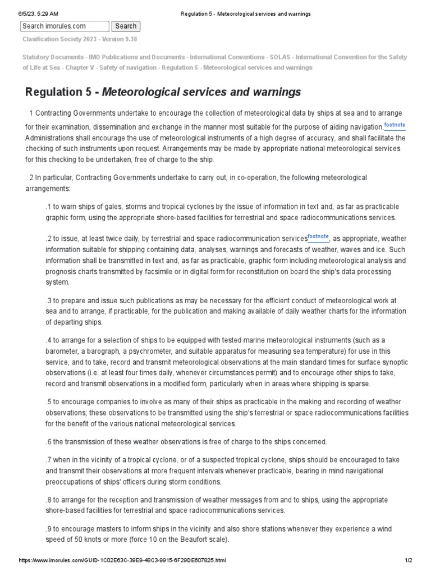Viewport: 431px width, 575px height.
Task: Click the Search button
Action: (x=126, y=26)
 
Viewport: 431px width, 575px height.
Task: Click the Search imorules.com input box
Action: (x=65, y=26)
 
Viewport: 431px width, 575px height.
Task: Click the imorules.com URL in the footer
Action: (x=123, y=561)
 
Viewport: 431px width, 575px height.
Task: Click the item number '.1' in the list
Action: (x=48, y=207)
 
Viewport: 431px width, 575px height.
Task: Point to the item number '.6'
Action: (x=48, y=442)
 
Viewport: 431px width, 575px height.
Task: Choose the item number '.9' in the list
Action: (x=48, y=530)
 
